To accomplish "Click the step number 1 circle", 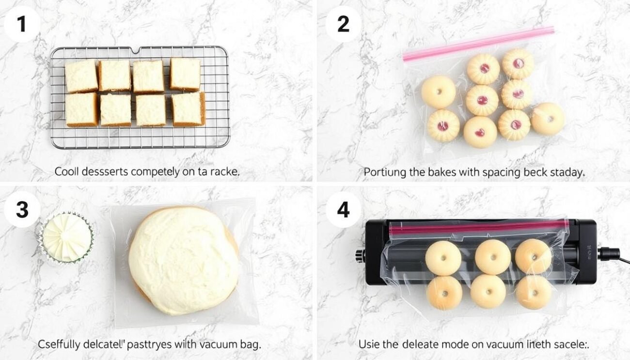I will click(22, 24).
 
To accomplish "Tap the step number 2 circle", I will click(343, 24).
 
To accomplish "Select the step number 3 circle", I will click(22, 209).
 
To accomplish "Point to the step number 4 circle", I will click(343, 209).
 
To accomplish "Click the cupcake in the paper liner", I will click(66, 237).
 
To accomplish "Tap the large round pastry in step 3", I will click(183, 260).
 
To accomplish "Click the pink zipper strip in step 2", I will click(477, 44).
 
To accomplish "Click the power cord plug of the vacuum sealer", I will click(609, 253).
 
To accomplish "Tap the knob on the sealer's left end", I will click(360, 255).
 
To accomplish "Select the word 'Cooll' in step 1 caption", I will click(67, 171).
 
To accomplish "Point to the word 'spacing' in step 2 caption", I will click(480, 172).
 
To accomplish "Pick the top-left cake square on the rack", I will click(81, 76).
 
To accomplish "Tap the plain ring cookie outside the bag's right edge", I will click(547, 119).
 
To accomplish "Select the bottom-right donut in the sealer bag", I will click(533, 292).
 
